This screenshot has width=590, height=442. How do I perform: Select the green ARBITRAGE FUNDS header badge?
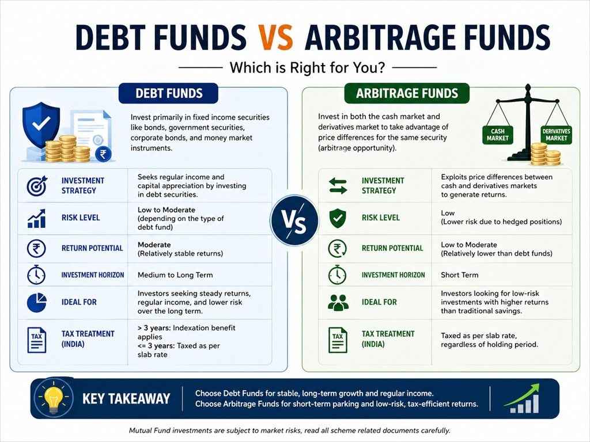[407, 93]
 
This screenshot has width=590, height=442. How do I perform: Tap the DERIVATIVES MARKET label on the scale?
[556, 135]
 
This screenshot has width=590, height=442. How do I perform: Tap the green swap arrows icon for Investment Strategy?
[338, 185]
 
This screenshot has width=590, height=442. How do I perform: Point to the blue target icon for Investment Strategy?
[37, 185]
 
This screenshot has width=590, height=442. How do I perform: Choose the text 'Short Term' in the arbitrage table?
[460, 275]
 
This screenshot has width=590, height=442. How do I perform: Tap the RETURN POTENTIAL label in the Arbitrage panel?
[392, 249]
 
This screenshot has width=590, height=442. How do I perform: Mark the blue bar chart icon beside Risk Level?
[37, 218]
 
